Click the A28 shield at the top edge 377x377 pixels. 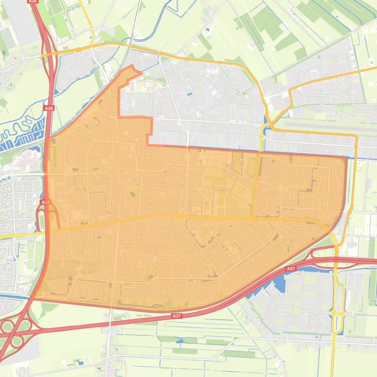point(33,1)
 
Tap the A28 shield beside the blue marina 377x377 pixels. point(48,108)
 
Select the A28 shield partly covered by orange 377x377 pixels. point(45,202)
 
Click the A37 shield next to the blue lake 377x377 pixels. point(291,269)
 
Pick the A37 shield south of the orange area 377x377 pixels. point(176,316)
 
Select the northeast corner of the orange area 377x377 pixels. point(346,158)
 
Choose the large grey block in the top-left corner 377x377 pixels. point(20,24)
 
